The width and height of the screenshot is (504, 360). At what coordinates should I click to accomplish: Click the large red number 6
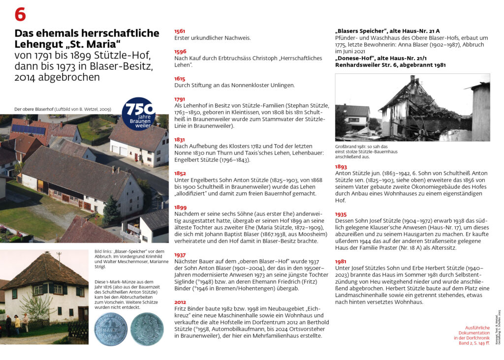click(20, 15)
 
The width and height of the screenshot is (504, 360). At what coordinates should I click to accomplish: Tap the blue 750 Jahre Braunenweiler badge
click(138, 114)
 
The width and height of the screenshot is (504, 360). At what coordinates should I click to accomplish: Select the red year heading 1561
click(180, 31)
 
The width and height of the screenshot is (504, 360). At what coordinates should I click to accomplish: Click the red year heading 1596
click(180, 52)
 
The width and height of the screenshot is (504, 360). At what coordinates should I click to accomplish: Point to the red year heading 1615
click(180, 79)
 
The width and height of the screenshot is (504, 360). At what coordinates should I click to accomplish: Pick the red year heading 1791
click(180, 99)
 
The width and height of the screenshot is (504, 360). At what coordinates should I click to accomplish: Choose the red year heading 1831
click(180, 140)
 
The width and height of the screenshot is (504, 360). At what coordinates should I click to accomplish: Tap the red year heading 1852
click(180, 174)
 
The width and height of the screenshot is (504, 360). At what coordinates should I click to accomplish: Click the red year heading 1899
click(180, 208)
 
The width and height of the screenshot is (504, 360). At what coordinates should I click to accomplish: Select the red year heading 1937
click(180, 255)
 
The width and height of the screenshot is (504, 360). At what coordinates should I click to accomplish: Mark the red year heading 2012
click(180, 302)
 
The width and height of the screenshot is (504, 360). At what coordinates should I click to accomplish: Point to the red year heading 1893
click(341, 167)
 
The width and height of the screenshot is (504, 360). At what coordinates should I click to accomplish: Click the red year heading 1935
click(341, 214)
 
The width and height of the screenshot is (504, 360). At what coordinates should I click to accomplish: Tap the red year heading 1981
click(341, 262)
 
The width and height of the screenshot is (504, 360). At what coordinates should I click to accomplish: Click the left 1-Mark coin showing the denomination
click(111, 329)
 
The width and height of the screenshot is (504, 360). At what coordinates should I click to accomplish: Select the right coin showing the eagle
click(147, 329)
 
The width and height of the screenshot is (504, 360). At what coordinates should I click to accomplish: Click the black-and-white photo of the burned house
click(412, 107)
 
